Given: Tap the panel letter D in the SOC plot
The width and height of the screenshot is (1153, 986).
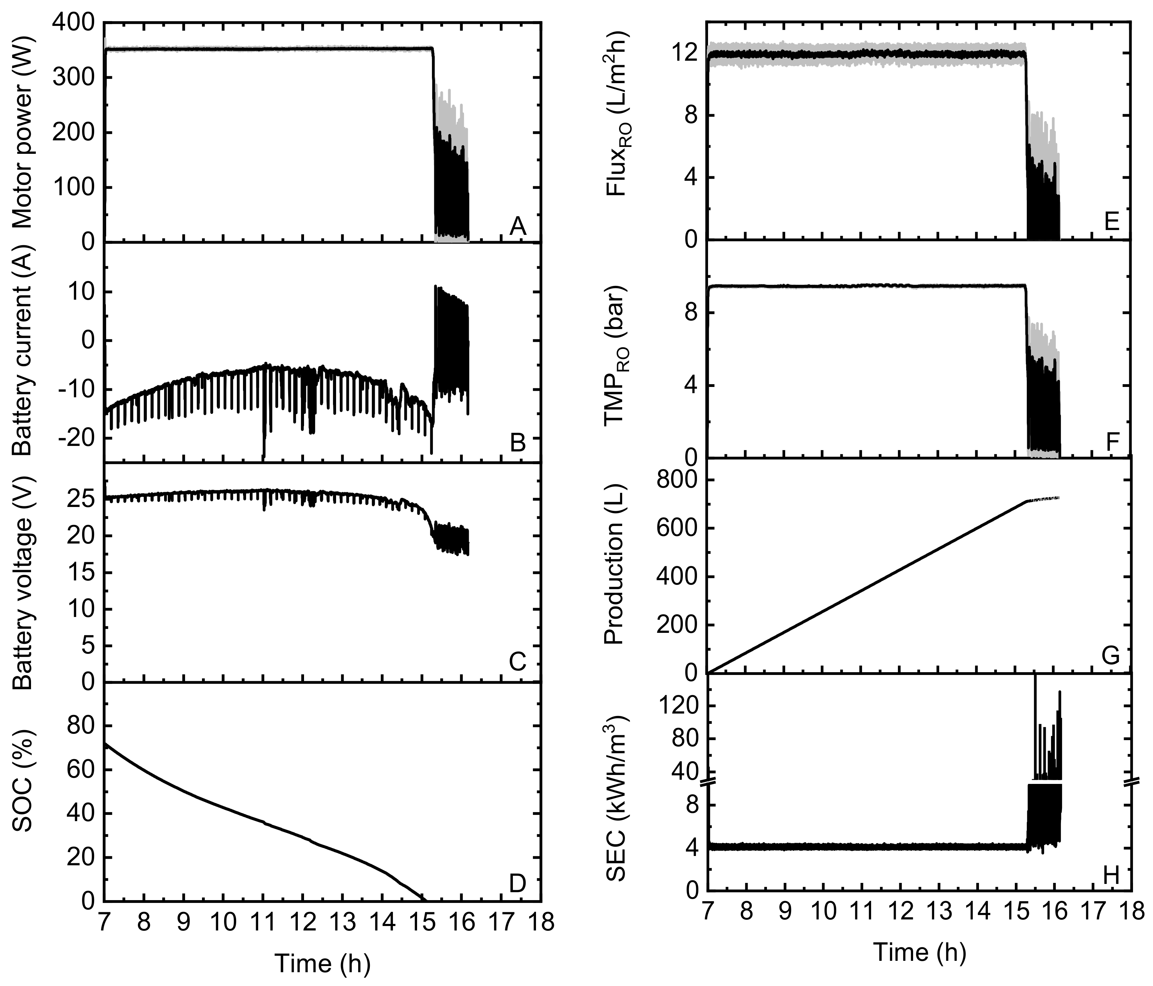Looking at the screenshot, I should (x=517, y=884).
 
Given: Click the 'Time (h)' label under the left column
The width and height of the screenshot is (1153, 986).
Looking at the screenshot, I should (x=323, y=963).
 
